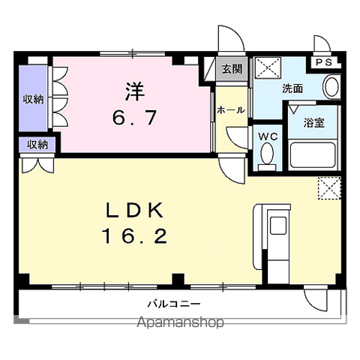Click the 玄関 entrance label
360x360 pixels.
[x=232, y=69]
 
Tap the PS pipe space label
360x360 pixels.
[x=324, y=62]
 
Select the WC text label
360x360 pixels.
[x=268, y=136]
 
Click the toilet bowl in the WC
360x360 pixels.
[x=267, y=154]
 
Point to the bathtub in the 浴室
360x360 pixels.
[x=313, y=155]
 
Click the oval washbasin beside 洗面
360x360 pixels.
[x=331, y=86]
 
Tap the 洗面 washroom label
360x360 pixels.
[x=292, y=88]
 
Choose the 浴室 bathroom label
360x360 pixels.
[x=314, y=123]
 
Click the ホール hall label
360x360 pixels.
[x=231, y=110]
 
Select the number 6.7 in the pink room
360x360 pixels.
[x=135, y=117]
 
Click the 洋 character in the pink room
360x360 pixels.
[x=135, y=91]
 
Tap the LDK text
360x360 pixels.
[x=135, y=211]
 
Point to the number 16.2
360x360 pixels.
[x=135, y=236]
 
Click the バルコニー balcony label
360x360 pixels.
[x=174, y=304]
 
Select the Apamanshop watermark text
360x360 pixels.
[x=181, y=322]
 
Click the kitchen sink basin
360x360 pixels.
[x=278, y=225]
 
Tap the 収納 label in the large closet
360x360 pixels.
[x=34, y=100]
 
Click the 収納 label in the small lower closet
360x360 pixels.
[x=37, y=145]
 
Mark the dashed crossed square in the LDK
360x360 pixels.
[x=329, y=188]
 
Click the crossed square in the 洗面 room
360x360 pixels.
[x=268, y=67]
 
